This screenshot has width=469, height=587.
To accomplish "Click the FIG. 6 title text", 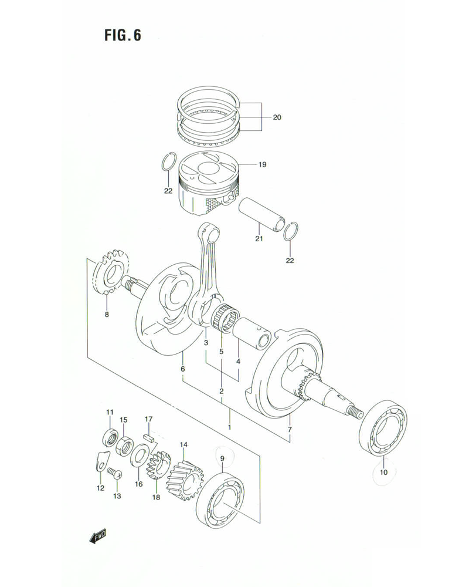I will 123,35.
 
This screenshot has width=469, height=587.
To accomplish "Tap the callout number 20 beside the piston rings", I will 277,117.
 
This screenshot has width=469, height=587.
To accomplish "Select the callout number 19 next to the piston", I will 261,165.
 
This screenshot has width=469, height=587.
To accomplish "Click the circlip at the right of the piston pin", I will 291,232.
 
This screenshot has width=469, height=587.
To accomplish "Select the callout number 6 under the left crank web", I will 182,368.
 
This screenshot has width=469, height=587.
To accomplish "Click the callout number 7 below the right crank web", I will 290,430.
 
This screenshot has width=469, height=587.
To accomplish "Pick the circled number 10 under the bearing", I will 383,472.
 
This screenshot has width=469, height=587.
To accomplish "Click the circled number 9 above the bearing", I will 222,458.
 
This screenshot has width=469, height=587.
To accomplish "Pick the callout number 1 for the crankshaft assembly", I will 230,427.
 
